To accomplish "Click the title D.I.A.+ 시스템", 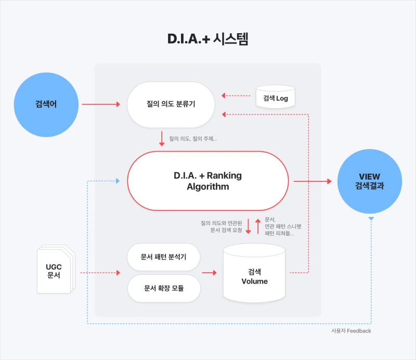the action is (x=207, y=39).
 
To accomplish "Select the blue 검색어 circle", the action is (x=46, y=105).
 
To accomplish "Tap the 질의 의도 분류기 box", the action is (x=171, y=104).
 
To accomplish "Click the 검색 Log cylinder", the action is (x=276, y=97).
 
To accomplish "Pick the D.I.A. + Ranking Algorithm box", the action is (x=208, y=181).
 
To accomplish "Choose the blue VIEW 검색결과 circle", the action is (x=370, y=181).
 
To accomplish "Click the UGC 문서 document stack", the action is (x=56, y=269).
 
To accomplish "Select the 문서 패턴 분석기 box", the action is (x=163, y=257).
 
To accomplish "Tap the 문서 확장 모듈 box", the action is (x=164, y=288).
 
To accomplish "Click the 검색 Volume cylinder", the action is (x=254, y=273).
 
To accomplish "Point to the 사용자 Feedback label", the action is (x=351, y=331).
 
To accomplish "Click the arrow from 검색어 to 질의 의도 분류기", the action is (x=101, y=104).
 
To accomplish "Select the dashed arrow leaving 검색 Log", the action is (x=236, y=96).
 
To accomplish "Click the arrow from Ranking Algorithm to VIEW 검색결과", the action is (x=313, y=181).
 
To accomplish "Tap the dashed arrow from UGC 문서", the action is (x=100, y=273).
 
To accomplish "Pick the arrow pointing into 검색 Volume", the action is (x=210, y=273).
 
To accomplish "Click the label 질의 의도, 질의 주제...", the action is (x=193, y=139).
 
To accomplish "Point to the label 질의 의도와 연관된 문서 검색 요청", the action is (x=222, y=226).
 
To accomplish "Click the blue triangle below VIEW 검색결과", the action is (x=371, y=218).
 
